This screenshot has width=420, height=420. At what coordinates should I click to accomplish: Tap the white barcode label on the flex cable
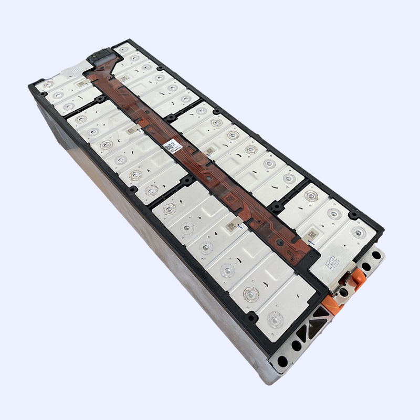(170, 145)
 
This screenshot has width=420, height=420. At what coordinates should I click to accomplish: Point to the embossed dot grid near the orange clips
(333, 260)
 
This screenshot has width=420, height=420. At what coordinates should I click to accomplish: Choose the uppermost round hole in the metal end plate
(376, 256)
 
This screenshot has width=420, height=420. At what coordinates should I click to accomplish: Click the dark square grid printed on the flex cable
(230, 198)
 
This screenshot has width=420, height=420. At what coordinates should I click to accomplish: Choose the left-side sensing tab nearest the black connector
(81, 83)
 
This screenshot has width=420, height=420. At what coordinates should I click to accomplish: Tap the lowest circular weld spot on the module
(275, 318)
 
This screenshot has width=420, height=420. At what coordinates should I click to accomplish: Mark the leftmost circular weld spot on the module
(48, 83)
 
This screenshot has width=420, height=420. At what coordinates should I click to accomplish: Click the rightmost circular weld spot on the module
(359, 232)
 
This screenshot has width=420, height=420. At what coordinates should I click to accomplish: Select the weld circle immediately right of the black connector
(124, 49)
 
